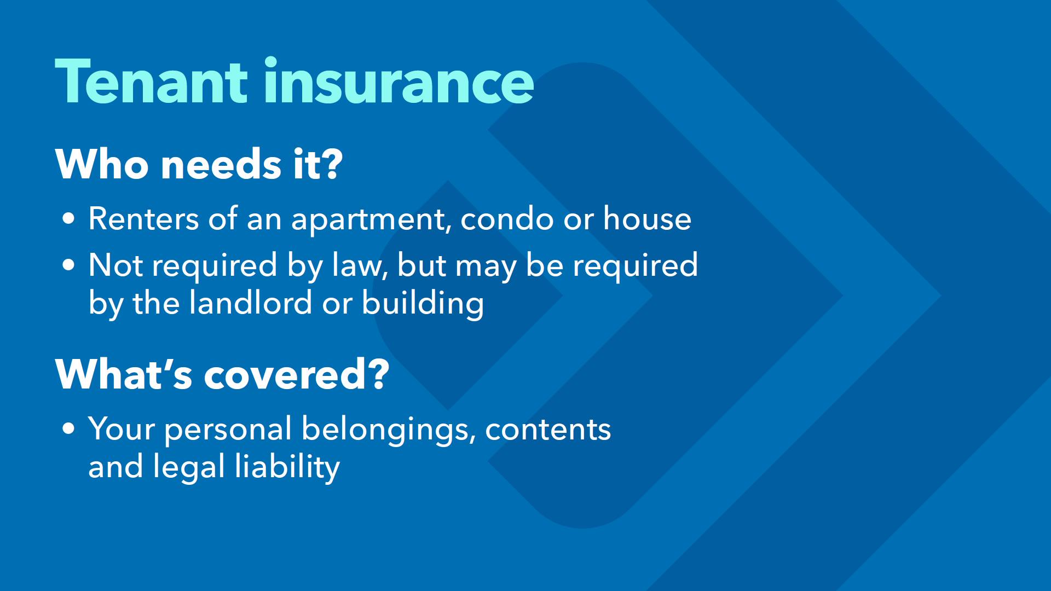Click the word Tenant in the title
pos(152,82)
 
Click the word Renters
pos(143,219)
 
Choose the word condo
pos(507,218)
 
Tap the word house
pos(647,218)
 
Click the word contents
pos(548,430)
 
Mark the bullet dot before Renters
pos(68,219)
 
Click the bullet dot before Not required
pos(68,265)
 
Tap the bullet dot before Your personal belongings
pos(68,429)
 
